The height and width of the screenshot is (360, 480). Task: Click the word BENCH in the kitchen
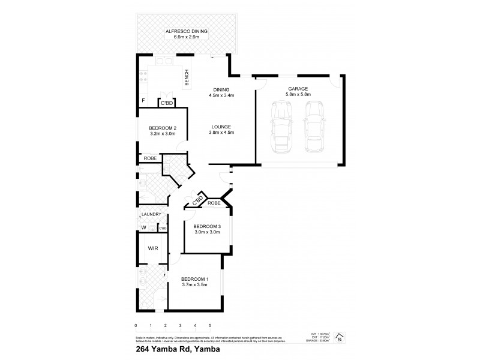click(187, 79)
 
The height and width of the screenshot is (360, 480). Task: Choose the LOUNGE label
click(221, 127)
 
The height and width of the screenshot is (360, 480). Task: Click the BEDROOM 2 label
click(163, 127)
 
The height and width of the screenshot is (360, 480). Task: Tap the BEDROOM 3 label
click(206, 226)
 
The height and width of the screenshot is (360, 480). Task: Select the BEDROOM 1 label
click(195, 278)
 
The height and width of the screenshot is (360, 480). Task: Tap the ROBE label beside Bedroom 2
click(150, 158)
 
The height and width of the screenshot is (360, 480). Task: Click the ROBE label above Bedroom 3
click(214, 204)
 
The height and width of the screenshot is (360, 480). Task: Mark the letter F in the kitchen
click(143, 100)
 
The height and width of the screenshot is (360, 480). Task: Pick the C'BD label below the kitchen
click(166, 103)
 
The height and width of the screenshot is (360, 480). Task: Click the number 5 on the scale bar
click(210, 326)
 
